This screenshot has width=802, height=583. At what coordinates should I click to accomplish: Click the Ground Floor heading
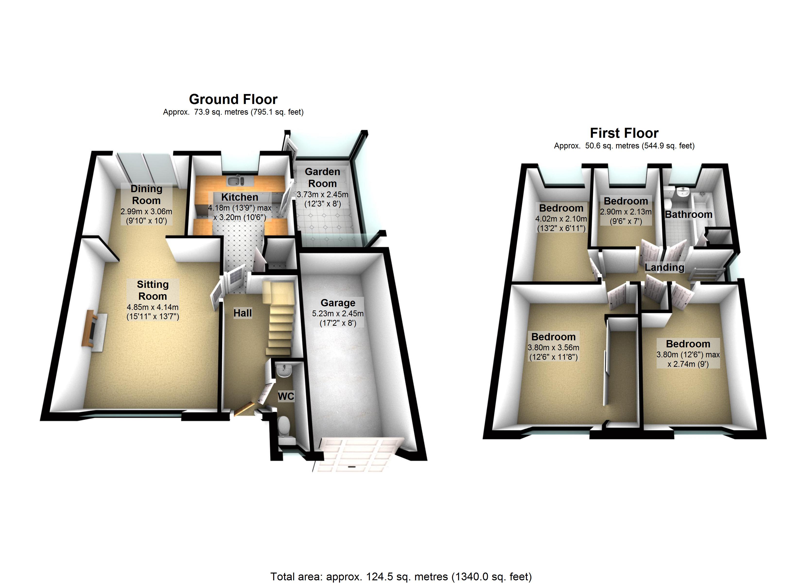coord(233,99)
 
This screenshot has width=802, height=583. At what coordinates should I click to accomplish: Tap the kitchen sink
coord(235,181)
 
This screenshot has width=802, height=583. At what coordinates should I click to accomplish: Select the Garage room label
coord(338,303)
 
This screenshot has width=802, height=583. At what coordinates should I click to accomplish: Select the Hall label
coord(243,313)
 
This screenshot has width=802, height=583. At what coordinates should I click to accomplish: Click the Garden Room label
coord(322,178)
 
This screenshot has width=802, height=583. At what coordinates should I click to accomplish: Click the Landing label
coord(664,267)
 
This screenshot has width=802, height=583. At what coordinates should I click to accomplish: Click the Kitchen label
coord(239,197)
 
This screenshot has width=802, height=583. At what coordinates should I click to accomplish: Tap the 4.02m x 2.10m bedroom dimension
coord(561,219)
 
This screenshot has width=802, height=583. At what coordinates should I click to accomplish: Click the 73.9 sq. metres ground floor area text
coord(233,112)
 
